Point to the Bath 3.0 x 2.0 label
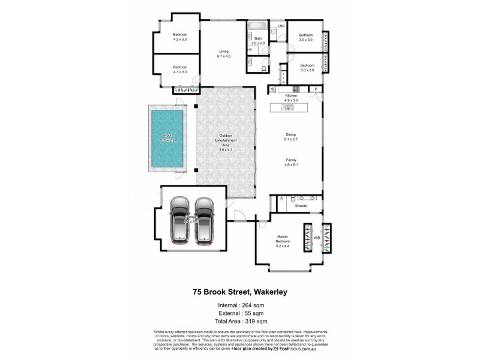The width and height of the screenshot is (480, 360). pyautogui.click(x=258, y=41)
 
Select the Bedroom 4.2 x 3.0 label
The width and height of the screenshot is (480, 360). pyautogui.click(x=180, y=37)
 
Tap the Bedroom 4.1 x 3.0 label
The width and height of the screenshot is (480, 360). pyautogui.click(x=180, y=69)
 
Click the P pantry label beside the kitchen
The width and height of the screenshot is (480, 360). pyautogui.click(x=316, y=90)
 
